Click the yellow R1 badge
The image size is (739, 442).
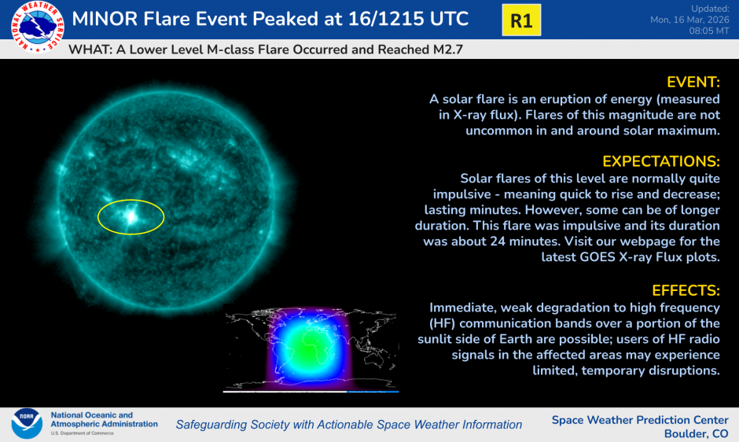[x=521, y=20]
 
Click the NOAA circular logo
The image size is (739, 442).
[x=27, y=424]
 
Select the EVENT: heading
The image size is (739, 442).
[x=693, y=83]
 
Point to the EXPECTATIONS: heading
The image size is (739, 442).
[x=660, y=161]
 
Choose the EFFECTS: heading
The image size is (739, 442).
[x=686, y=289]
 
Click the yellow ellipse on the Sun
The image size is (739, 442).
[x=131, y=215]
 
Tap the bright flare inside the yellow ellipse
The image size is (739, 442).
[x=129, y=214]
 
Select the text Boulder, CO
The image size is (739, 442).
[x=696, y=434]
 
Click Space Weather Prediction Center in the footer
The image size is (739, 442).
[x=640, y=420]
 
